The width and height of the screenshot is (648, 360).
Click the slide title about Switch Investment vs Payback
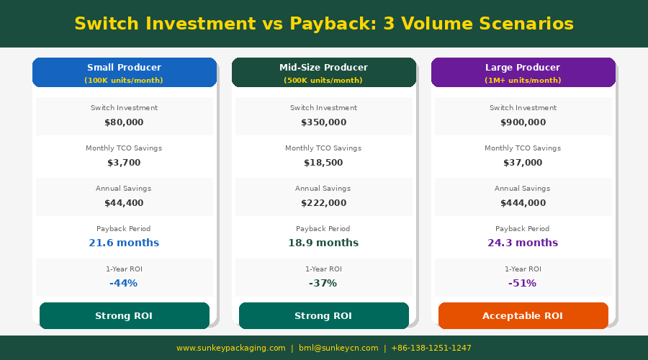pyautogui.click(x=324, y=24)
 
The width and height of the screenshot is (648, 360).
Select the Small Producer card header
pyautogui.click(x=125, y=72)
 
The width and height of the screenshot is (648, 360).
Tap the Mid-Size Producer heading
pyautogui.click(x=323, y=68)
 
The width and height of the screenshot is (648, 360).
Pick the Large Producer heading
pyautogui.click(x=523, y=68)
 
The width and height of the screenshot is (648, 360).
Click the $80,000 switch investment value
pyautogui.click(x=124, y=122)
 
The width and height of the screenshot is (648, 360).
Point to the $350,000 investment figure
pyautogui.click(x=323, y=122)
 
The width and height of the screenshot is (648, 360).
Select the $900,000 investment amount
pyautogui.click(x=523, y=122)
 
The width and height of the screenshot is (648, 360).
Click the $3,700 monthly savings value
pyautogui.click(x=124, y=163)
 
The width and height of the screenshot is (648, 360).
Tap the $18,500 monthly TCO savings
pyautogui.click(x=323, y=163)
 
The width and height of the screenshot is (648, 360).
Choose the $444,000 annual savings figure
pyautogui.click(x=523, y=203)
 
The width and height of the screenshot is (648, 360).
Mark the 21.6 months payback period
pyautogui.click(x=124, y=243)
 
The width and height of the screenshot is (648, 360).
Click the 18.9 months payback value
pyautogui.click(x=323, y=243)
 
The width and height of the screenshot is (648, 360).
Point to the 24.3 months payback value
pyautogui.click(x=523, y=243)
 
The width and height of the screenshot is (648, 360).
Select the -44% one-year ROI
pyautogui.click(x=124, y=283)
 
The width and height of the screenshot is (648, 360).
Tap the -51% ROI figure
pyautogui.click(x=523, y=283)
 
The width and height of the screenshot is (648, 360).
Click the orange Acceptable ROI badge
pyautogui.click(x=523, y=316)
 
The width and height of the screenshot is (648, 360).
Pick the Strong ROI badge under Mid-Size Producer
pyautogui.click(x=324, y=316)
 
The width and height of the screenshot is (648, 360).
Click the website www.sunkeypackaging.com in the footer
pyautogui.click(x=231, y=348)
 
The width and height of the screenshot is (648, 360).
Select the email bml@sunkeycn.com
pyautogui.click(x=338, y=348)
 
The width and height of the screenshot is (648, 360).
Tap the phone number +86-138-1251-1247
pyautogui.click(x=431, y=348)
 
